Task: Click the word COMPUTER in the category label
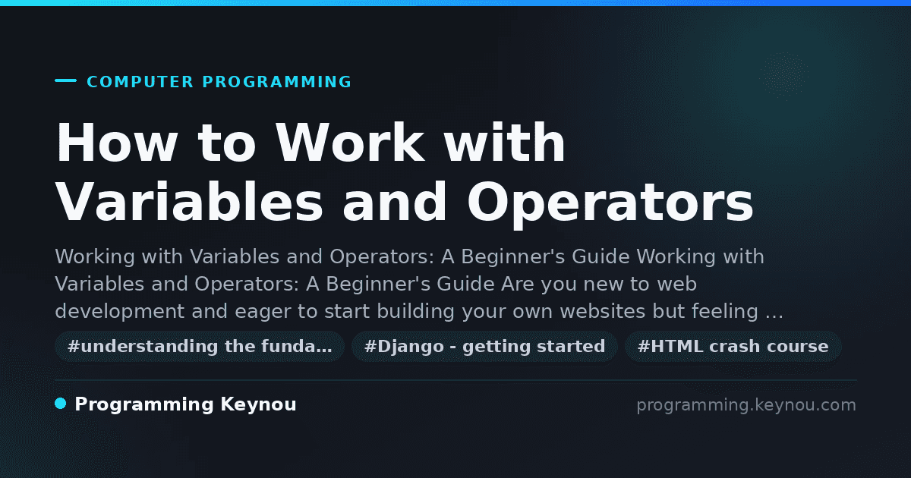coord(140,82)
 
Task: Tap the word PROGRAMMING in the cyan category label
coord(277,82)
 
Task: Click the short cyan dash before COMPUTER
coord(65,80)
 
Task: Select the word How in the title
coord(116,143)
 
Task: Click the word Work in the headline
coord(350,143)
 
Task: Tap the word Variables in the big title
coord(189,201)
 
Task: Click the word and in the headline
coord(395,201)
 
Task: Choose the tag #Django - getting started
coord(484,346)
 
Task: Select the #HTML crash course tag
coord(733,346)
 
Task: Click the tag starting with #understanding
coord(200,346)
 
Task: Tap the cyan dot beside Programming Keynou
coord(60,404)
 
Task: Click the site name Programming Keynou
coord(185,404)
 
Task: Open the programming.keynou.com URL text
coord(746,405)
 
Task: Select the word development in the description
coord(120,311)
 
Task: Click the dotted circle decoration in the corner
coord(784,76)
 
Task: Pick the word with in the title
coord(504,143)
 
